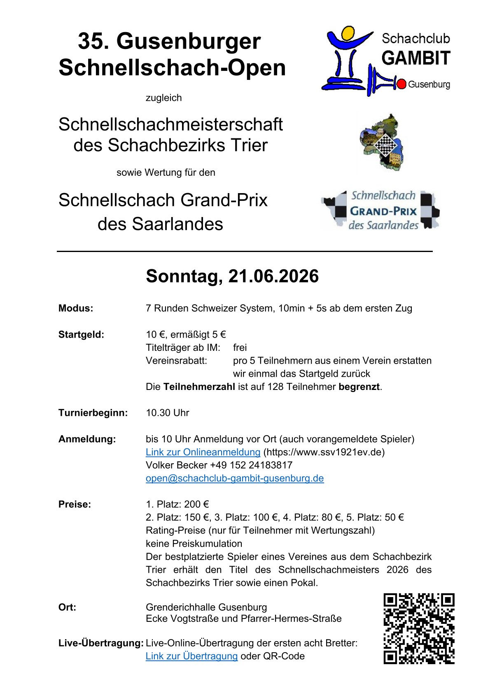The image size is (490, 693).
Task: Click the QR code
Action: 419,628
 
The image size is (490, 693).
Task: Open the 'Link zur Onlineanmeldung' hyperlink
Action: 203,452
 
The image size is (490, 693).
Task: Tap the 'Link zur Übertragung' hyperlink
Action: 191,656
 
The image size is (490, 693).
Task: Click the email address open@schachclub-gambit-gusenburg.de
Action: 235,478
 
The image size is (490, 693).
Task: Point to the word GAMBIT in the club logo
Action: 416,58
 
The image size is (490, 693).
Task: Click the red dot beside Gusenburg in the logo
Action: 401,84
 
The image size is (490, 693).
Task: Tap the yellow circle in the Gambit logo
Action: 348,33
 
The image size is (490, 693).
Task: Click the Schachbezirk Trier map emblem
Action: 381,142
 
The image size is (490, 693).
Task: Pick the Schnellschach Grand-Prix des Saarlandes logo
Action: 380,210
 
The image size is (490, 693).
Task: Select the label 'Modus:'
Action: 76,308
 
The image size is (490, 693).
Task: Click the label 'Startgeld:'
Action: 81,334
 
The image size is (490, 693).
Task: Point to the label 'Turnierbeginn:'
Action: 93,413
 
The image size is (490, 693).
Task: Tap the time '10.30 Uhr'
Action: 167,413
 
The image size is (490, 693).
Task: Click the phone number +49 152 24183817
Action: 251,465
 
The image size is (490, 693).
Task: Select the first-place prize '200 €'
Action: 196,504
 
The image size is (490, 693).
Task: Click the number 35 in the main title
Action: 91,41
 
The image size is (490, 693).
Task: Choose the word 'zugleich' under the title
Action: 163,98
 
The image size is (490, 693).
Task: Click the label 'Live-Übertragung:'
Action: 101,643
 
